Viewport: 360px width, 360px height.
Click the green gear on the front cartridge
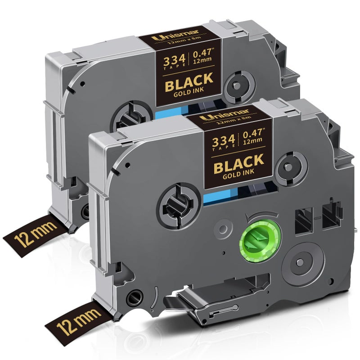[x=260, y=242]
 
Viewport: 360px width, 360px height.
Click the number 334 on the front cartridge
[x=223, y=140]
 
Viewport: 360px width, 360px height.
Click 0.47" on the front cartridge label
[x=253, y=133]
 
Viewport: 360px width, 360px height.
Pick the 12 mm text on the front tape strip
[x=78, y=321]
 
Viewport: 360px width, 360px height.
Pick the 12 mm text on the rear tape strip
[x=35, y=232]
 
